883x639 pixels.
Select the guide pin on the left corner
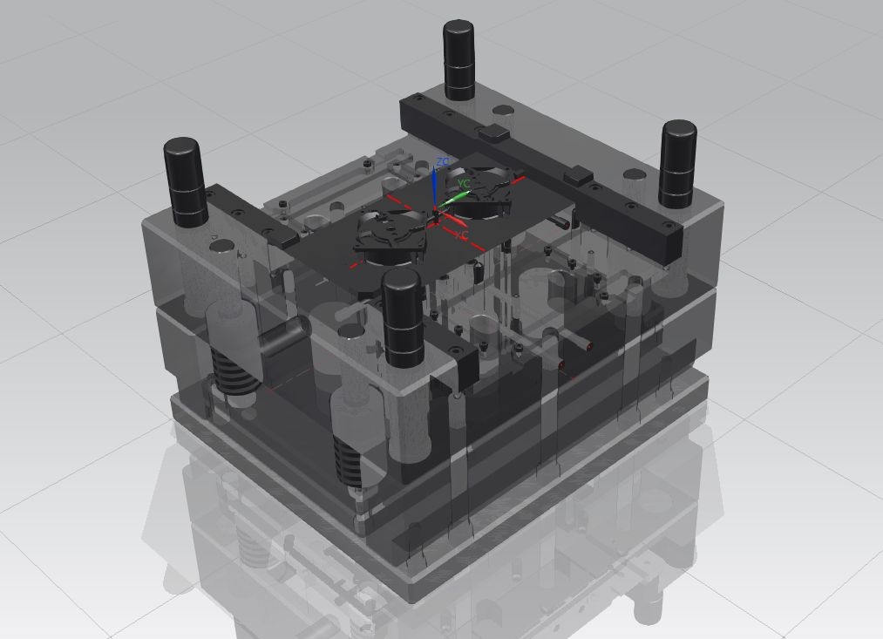(x=184, y=180)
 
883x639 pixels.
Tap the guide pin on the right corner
(x=677, y=163)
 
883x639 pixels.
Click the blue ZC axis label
(x=443, y=162)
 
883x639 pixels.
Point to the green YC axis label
(x=464, y=184)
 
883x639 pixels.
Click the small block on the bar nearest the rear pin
(x=492, y=133)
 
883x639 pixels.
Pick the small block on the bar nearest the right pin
(x=579, y=177)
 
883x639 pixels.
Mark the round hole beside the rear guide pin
(x=504, y=111)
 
